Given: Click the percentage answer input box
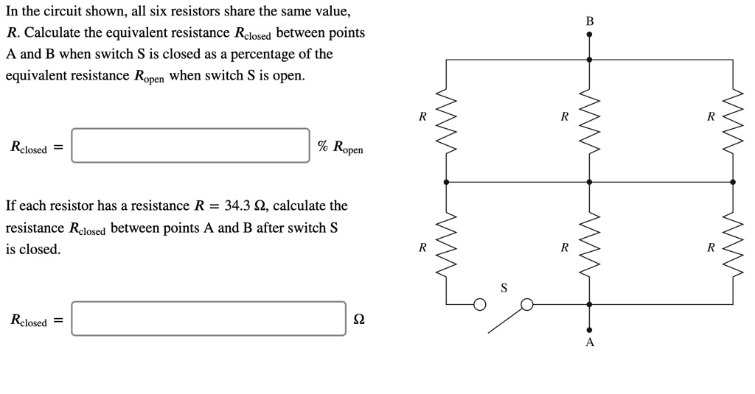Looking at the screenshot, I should coord(190,145).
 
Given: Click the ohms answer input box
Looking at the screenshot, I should coord(209,319).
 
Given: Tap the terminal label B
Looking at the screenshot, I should coord(589,21).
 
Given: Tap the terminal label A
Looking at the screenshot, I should coord(589,343).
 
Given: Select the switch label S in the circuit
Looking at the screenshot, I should coord(504,288).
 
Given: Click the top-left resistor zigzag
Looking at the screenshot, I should coord(446,120).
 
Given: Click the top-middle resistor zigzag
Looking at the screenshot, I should coord(589,120).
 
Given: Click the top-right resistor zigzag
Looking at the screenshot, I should coord(732,120).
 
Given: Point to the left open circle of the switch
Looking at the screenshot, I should coord(480,303).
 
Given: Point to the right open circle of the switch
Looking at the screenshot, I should coord(527,303).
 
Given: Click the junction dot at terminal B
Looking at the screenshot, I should coord(589,34).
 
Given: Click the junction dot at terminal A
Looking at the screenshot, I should coord(589,330).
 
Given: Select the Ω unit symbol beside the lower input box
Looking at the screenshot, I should coord(358,320).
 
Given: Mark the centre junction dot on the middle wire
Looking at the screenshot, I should coord(589,181).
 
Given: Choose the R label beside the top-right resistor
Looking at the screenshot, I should coord(710,116).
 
